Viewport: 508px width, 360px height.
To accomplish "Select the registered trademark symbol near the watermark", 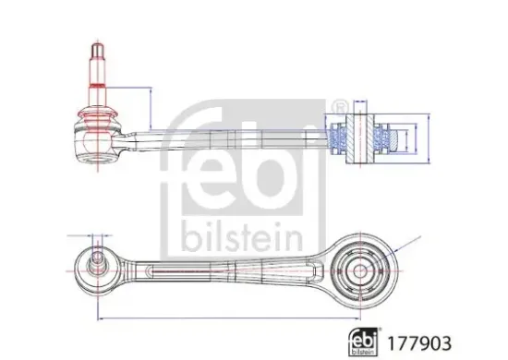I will click(340, 105).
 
